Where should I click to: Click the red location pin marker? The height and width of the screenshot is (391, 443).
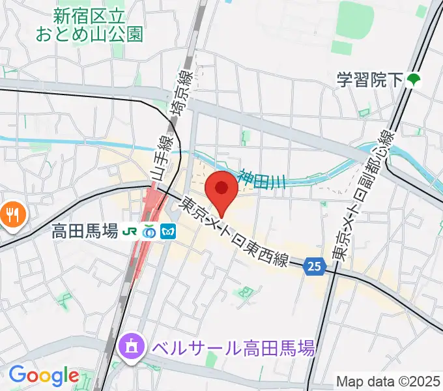(x=222, y=188)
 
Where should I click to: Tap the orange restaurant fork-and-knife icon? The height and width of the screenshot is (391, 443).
(x=12, y=213)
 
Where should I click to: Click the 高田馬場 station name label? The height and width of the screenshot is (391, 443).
(x=85, y=231)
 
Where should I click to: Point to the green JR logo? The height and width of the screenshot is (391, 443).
(x=132, y=231)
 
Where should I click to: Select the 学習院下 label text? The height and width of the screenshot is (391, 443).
(x=369, y=81)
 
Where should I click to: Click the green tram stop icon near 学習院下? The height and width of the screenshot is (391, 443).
(x=413, y=81)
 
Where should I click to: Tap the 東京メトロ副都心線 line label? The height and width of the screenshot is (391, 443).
(x=362, y=194)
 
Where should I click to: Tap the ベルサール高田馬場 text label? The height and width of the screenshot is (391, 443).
(x=233, y=347)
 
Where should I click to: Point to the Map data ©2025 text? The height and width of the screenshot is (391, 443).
(x=389, y=381)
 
